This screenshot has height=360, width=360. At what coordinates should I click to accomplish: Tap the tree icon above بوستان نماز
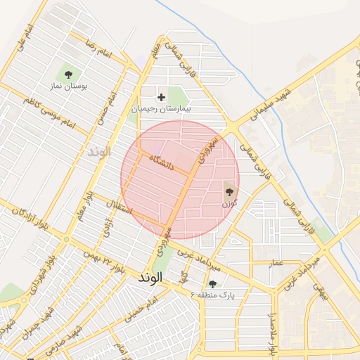[68, 74]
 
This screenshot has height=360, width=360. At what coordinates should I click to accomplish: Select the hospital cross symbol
[162, 97]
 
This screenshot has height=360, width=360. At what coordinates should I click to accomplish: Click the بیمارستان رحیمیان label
[161, 110]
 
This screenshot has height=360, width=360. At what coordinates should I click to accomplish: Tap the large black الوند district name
[150, 278]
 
